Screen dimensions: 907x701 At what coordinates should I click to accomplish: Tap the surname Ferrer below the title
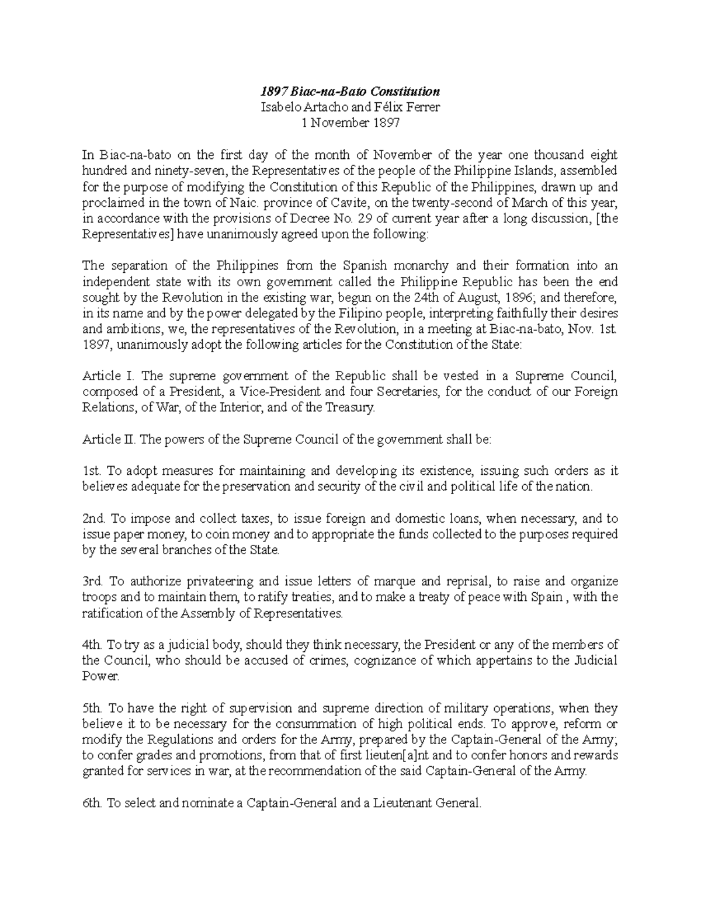pyautogui.click(x=422, y=107)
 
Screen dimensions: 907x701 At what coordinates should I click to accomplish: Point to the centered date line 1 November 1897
pyautogui.click(x=350, y=123)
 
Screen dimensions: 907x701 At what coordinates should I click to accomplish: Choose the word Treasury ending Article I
pyautogui.click(x=351, y=408)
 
